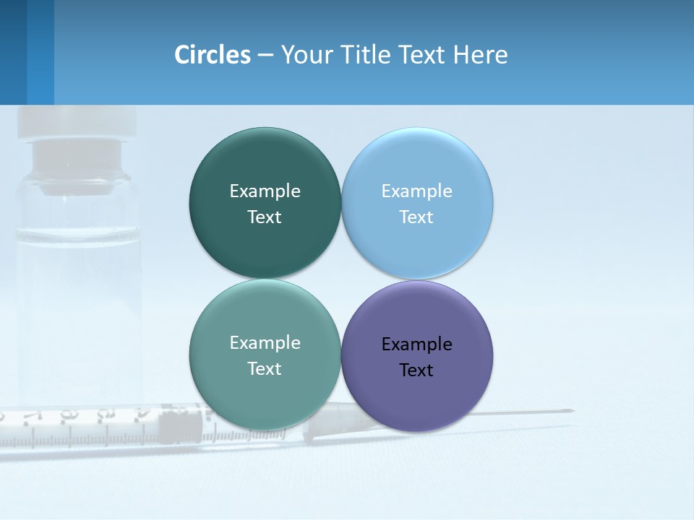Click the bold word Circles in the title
point(213,55)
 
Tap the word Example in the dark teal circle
point(265,191)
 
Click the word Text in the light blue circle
point(416,217)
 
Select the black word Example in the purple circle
point(416,344)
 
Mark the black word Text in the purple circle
point(416,370)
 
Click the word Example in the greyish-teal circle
point(265,342)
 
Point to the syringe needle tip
point(571,411)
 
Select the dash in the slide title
point(265,55)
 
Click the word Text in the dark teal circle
point(265,217)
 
